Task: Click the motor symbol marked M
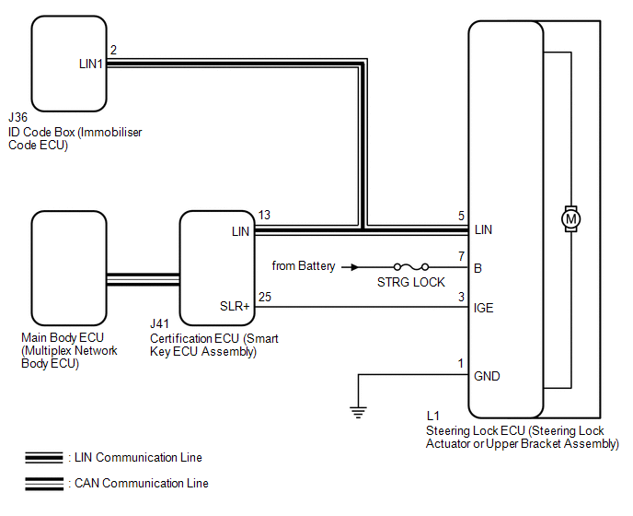click(570, 219)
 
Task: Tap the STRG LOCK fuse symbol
click(411, 267)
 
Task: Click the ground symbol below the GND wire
click(359, 412)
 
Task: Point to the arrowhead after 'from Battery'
click(354, 267)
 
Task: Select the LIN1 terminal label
click(91, 64)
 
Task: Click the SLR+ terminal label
click(235, 306)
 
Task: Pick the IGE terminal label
click(483, 308)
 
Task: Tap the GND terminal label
click(487, 376)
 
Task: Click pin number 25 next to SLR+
click(265, 297)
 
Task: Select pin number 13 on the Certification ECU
click(264, 215)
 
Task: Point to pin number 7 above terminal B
click(462, 256)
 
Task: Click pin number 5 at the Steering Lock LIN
click(462, 216)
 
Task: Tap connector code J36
click(17, 117)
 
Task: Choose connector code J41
click(159, 323)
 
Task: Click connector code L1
click(432, 416)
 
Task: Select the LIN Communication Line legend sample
click(44, 457)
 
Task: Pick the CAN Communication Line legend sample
click(44, 484)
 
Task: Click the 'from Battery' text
click(304, 265)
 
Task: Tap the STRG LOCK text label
click(411, 282)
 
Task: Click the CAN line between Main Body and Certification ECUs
click(143, 279)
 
